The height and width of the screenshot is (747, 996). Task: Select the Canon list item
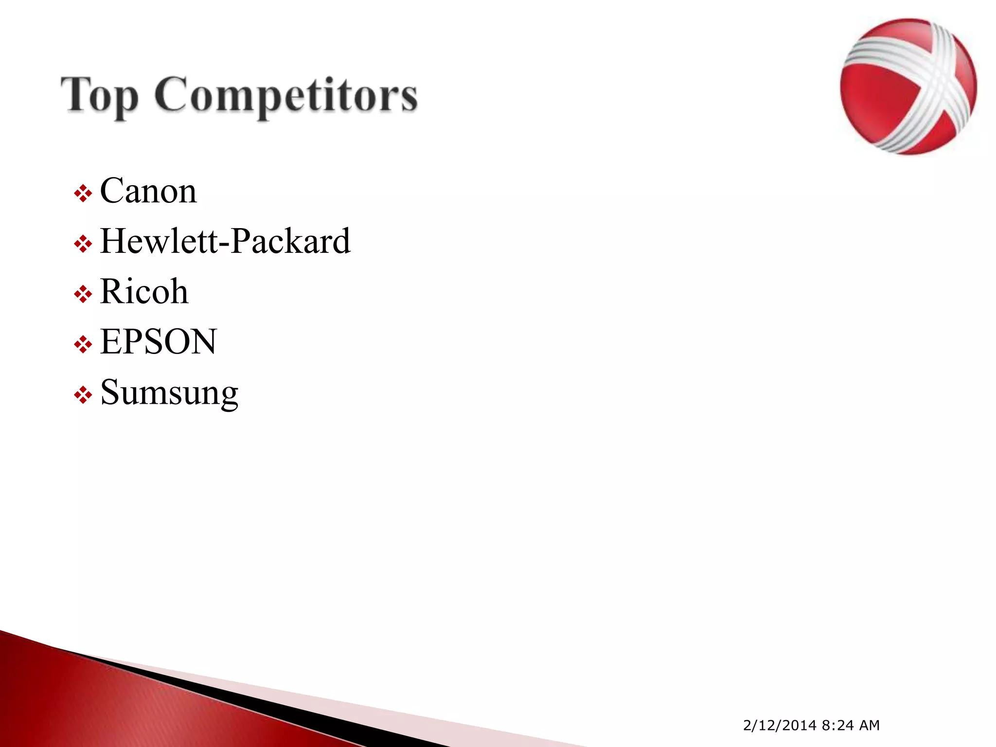coord(148,191)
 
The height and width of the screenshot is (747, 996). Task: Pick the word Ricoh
coord(144,291)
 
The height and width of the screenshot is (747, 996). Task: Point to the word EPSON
coord(158,341)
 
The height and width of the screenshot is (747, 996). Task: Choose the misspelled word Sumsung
coord(169,392)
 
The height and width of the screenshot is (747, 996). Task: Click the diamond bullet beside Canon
coord(83,194)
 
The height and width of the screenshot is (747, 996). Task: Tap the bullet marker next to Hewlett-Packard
coord(83,244)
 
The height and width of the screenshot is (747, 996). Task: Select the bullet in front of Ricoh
coord(83,294)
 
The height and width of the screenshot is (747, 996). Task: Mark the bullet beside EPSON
coord(83,345)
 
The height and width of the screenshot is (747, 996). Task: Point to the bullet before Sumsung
coord(83,395)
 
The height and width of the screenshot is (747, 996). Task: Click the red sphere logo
coord(908,87)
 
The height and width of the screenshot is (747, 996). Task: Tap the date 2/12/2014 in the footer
coord(780,725)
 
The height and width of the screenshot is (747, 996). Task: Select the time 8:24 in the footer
coord(837,725)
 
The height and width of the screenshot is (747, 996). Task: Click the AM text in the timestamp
coord(869,725)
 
